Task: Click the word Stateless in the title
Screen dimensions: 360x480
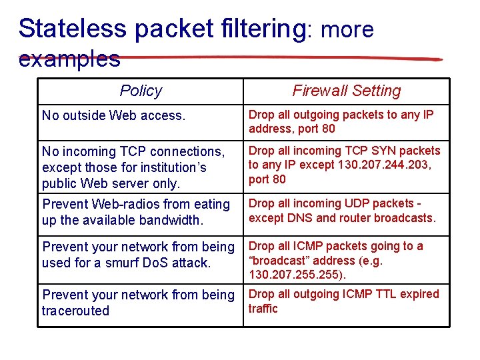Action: (73, 29)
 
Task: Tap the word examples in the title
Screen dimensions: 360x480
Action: (69, 59)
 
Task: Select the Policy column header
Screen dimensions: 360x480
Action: (141, 91)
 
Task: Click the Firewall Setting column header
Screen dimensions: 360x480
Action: (347, 91)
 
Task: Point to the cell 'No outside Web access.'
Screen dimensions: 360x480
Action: (113, 115)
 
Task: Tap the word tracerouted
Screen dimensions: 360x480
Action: (75, 311)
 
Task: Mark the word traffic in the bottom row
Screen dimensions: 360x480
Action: (263, 308)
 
